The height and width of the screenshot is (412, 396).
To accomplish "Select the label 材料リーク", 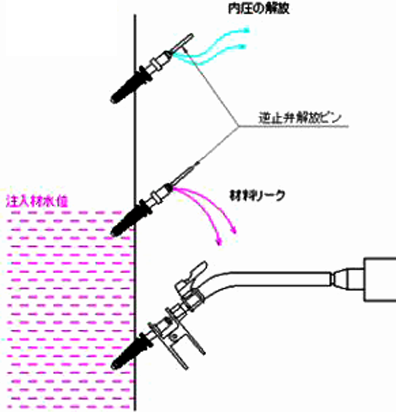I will click(257, 196).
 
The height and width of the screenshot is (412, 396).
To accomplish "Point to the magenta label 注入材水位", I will click(37, 201).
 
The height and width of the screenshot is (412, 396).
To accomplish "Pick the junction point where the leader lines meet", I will click(238, 127).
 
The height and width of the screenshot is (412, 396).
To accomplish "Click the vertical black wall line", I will click(135, 158).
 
